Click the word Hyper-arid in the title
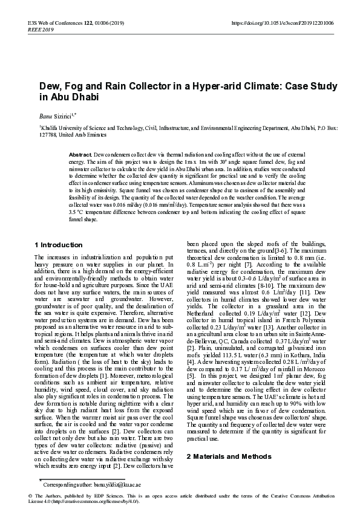tap(208, 86)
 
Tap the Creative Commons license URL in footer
tap(95, 502)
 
